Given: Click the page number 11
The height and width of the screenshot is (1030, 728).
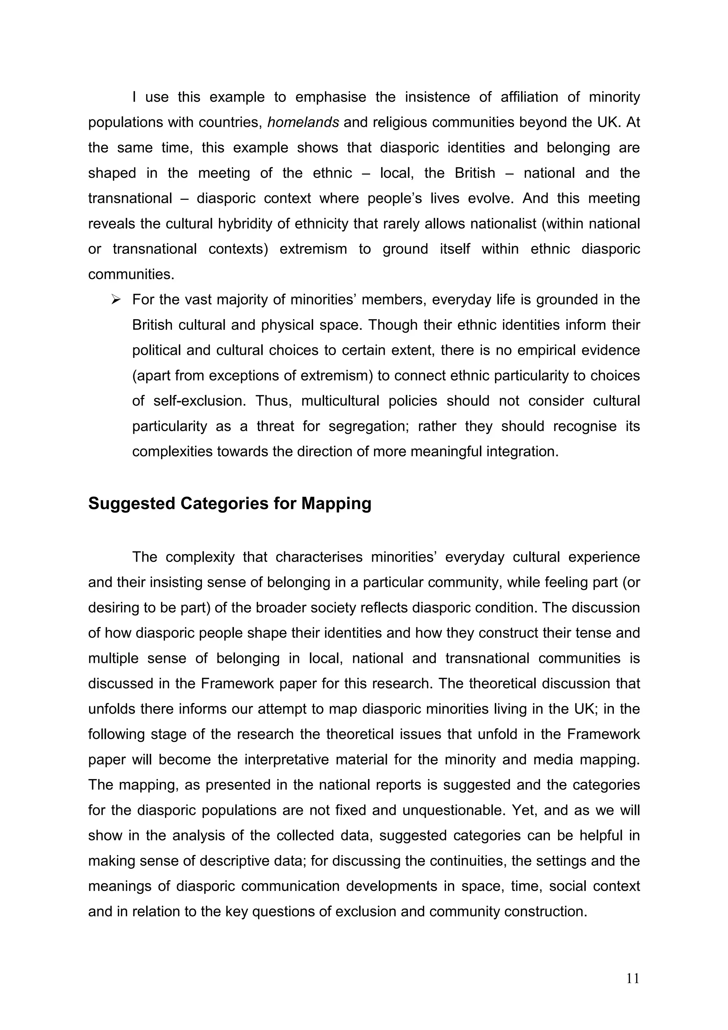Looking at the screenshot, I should point(632,978).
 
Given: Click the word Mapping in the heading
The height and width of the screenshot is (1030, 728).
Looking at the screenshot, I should point(336,503).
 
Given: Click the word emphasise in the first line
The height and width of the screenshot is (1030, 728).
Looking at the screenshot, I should point(331,97).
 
